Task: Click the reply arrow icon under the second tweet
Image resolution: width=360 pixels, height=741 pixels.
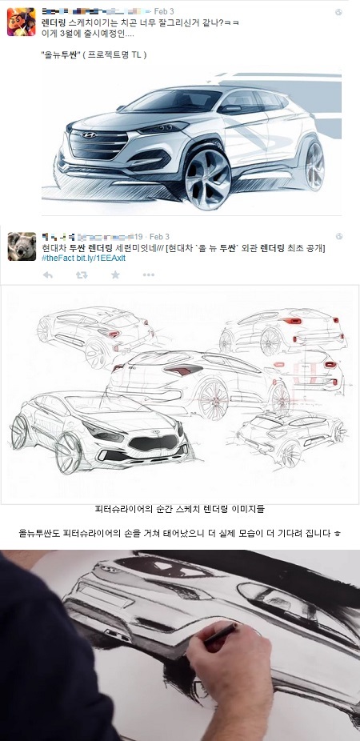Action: coord(48,274)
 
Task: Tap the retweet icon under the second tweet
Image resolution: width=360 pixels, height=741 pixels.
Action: coord(81,274)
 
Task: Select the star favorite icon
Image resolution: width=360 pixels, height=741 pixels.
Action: coord(114,274)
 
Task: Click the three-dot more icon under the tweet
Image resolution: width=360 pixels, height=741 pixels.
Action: coord(148,274)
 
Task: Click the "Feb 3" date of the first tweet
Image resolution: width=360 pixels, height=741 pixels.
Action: coord(163,11)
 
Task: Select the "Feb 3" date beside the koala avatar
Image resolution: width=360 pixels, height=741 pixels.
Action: coord(159,237)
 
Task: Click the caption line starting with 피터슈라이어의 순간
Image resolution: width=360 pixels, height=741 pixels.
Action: coord(179,509)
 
